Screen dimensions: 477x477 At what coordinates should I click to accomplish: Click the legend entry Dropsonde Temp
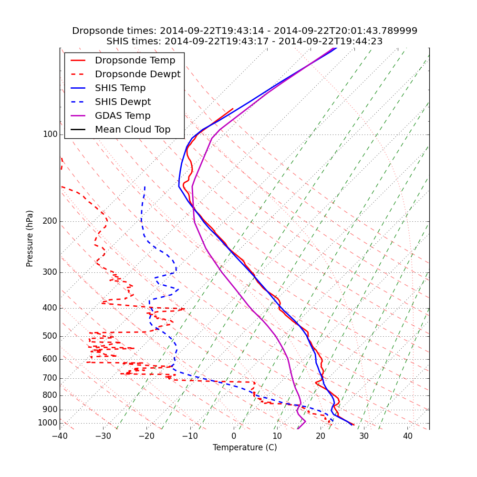click(x=135, y=61)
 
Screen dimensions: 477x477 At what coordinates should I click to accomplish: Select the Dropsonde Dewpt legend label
click(x=137, y=74)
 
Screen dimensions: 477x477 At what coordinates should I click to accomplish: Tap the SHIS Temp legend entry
click(x=120, y=88)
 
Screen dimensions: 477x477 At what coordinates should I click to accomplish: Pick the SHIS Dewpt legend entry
click(x=123, y=102)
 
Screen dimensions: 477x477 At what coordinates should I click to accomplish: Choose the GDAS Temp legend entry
click(x=123, y=116)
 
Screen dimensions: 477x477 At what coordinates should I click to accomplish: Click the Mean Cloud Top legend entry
click(x=133, y=130)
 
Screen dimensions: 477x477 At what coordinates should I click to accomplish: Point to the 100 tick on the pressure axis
click(x=50, y=135)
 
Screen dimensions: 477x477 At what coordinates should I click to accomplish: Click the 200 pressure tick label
click(x=50, y=221)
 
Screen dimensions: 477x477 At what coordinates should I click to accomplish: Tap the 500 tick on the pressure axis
click(x=50, y=336)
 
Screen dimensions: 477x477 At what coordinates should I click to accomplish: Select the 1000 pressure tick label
click(x=48, y=423)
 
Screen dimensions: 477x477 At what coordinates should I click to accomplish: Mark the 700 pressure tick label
click(x=50, y=378)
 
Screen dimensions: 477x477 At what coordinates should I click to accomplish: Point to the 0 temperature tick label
click(x=234, y=436)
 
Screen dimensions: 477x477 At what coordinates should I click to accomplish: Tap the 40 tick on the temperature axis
click(x=407, y=436)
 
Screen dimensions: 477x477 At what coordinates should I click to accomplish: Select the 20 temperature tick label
click(x=321, y=436)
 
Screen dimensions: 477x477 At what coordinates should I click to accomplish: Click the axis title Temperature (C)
click(x=245, y=447)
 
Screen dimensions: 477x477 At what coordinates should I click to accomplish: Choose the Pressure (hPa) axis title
click(x=30, y=238)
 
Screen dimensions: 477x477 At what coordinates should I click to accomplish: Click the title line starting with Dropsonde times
click(x=245, y=31)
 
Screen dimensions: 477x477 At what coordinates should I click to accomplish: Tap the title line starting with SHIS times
click(x=245, y=41)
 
